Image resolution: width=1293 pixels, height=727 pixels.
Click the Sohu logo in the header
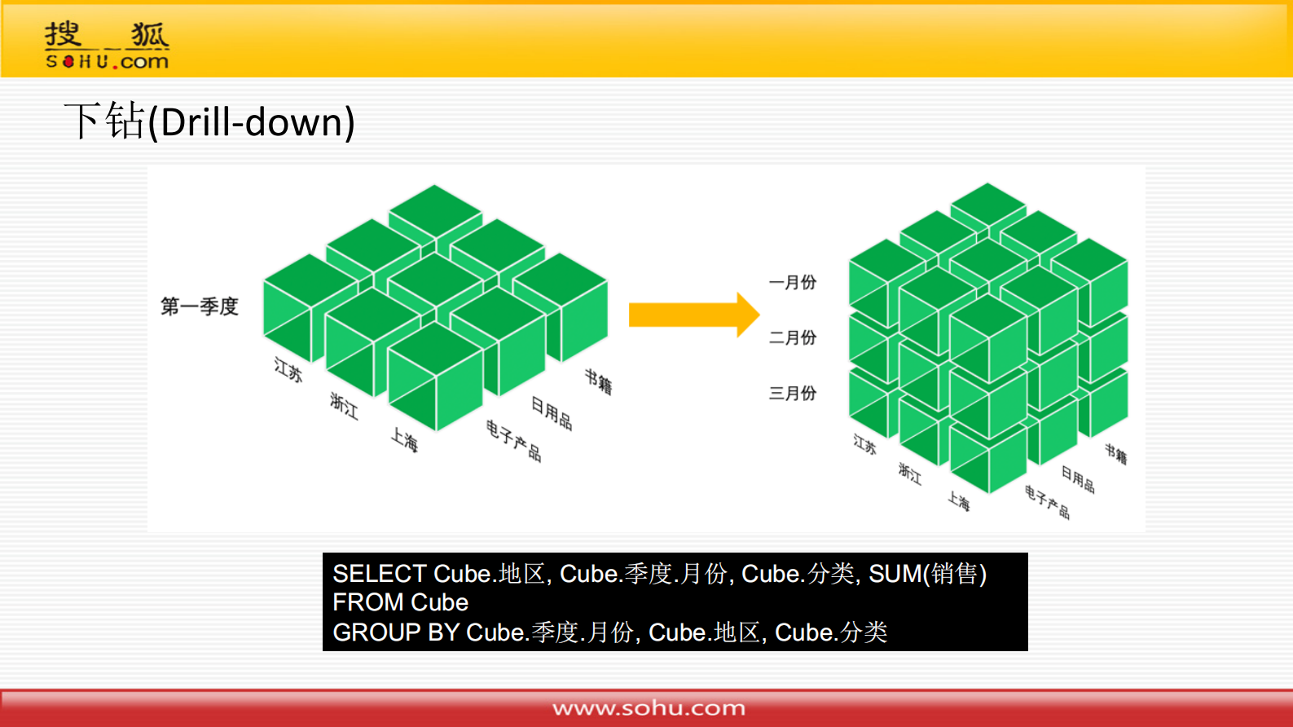click(108, 45)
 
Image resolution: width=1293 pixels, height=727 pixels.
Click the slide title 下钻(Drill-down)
click(209, 121)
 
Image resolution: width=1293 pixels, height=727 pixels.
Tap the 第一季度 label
click(200, 306)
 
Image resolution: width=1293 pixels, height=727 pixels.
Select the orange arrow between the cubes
click(694, 315)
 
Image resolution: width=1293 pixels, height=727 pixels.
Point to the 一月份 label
click(793, 282)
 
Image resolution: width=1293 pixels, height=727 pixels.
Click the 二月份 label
click(793, 337)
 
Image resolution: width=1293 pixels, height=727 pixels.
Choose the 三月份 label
click(793, 393)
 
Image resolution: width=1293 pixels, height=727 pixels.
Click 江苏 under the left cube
click(288, 369)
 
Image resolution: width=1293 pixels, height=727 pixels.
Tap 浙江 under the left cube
click(344, 406)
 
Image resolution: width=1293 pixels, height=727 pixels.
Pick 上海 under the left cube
click(404, 439)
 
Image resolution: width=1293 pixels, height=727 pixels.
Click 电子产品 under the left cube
click(514, 441)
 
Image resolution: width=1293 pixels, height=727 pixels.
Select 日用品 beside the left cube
click(552, 413)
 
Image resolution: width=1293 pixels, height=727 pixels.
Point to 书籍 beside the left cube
click(598, 381)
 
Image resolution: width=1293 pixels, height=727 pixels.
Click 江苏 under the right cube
click(864, 444)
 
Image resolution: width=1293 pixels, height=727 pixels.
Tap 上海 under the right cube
click(959, 500)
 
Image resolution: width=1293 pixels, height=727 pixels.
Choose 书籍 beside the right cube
click(1115, 454)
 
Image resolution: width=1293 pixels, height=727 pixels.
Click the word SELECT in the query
click(379, 574)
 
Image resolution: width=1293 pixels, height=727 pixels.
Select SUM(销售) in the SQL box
click(928, 574)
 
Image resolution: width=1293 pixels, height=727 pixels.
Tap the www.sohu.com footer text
click(649, 708)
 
